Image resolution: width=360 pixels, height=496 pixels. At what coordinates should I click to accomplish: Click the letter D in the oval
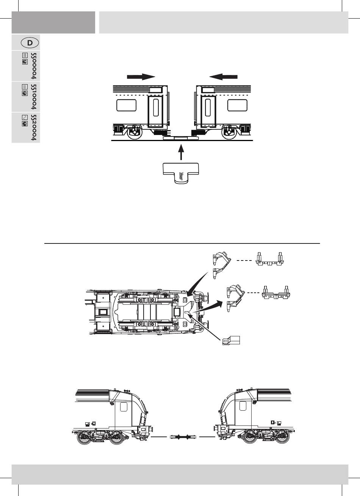coord(30,43)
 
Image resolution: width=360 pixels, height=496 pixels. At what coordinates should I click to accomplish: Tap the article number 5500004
coord(33,66)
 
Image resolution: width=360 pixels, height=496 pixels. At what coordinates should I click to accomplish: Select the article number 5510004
coord(33,97)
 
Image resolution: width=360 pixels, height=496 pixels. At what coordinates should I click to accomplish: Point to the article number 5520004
coord(33,127)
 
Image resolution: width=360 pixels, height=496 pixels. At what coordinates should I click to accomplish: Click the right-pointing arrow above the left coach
coord(141,77)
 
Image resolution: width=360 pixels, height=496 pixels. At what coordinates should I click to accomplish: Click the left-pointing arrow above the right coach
coord(223,77)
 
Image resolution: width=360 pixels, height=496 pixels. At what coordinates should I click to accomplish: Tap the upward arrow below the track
coord(181,152)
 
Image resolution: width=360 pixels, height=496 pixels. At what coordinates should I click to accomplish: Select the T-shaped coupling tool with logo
coord(181,173)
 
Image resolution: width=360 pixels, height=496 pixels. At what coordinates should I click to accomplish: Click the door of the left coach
coord(155,112)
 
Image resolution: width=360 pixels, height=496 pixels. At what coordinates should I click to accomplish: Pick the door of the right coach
coord(208,112)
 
